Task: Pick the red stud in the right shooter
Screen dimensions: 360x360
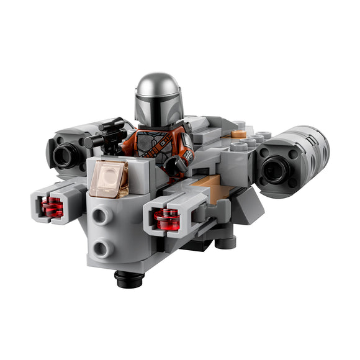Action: click(166, 218)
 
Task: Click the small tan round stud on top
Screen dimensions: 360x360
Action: click(238, 133)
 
